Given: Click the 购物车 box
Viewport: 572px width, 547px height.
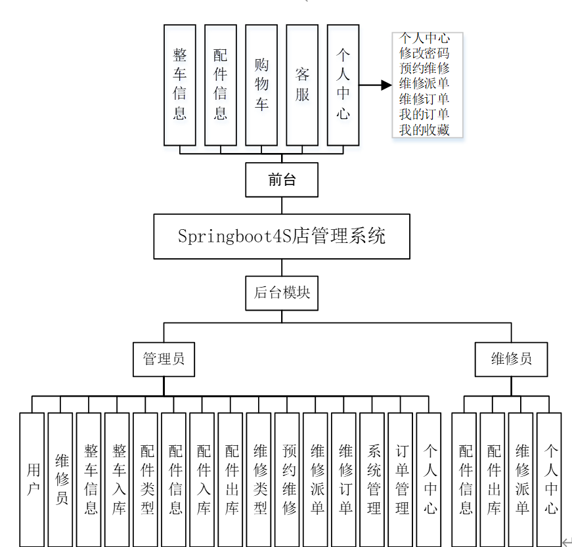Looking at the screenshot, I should coord(261,85).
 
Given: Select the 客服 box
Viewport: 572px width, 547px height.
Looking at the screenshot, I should coord(302,85).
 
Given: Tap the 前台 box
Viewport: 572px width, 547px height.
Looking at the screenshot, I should coord(282,180).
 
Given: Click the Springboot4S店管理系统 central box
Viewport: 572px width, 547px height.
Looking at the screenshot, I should coord(282,236).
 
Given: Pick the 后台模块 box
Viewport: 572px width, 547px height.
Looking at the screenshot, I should coord(282,293).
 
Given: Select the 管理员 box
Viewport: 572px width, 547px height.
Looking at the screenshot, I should coord(164,359).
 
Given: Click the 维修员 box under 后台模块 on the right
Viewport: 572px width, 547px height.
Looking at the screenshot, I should coord(511,359).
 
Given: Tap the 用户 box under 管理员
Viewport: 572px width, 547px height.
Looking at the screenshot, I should coord(32,479).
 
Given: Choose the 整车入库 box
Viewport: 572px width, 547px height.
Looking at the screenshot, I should coord(117,479).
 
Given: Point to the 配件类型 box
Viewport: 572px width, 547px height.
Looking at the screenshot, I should coord(145,479).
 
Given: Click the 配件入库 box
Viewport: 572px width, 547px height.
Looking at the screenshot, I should coord(202,479).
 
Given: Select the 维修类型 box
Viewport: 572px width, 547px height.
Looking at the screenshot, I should coord(259,479).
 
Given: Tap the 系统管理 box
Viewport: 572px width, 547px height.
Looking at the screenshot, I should coord(372,479).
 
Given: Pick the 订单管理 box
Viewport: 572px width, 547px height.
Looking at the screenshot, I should coord(400,479).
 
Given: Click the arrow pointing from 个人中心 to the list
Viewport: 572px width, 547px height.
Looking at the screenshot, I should coord(376,85).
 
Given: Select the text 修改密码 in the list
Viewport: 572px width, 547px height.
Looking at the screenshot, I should coord(424,53).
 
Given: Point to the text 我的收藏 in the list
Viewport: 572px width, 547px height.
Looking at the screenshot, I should coord(424,130).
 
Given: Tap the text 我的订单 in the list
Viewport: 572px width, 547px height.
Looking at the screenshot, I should coord(424,114).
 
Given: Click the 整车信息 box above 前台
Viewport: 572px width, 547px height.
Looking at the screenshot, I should coord(180,85).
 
